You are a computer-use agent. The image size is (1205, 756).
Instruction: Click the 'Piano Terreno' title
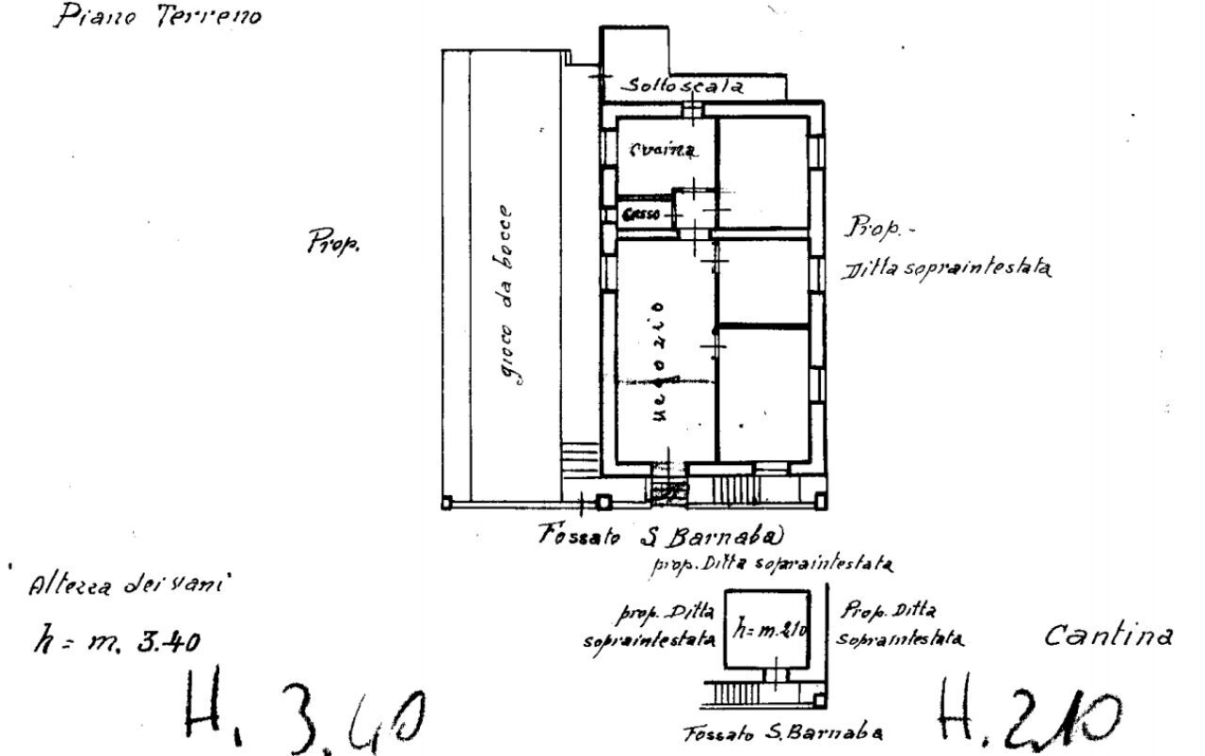coord(155,17)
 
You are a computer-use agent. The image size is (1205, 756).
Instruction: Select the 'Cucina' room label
coord(663,151)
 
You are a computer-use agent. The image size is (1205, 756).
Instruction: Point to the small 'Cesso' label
coord(641,215)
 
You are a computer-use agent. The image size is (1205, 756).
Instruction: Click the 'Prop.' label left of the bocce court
coord(333,243)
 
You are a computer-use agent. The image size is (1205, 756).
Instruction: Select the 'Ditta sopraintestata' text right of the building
coord(946,268)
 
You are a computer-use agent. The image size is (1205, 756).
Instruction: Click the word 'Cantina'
coord(1109,637)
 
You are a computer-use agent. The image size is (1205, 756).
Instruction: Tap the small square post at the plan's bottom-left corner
coord(447,503)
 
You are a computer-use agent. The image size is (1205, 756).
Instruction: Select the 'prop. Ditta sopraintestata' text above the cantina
coord(771,565)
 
